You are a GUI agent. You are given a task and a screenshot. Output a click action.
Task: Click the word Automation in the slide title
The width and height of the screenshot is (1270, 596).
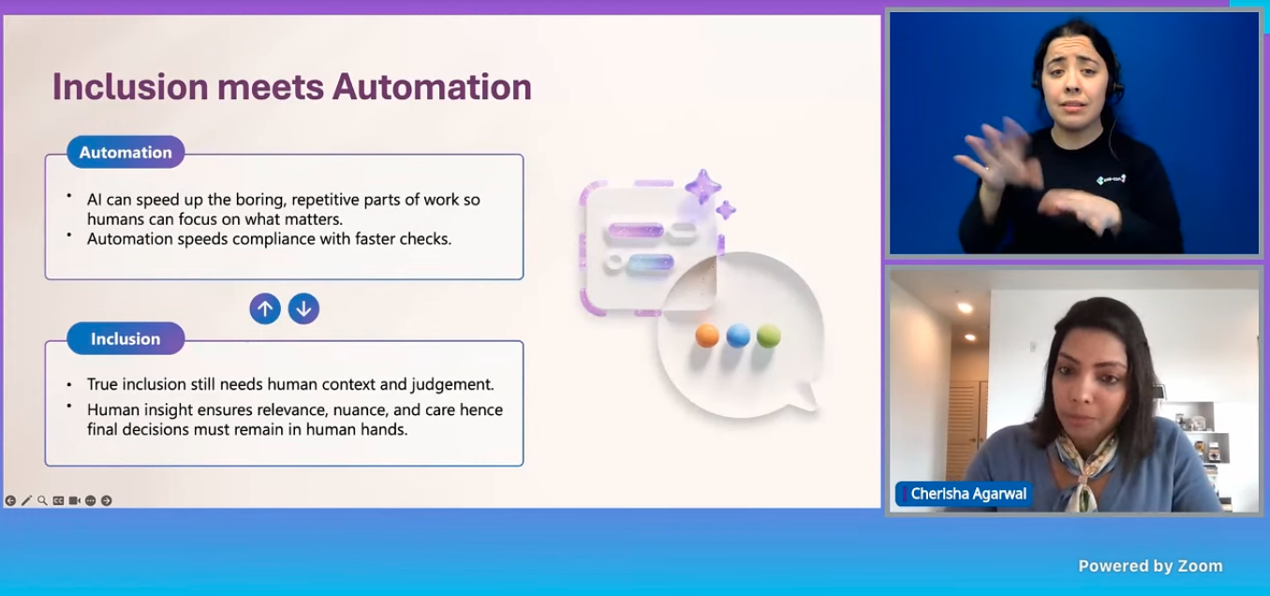click(x=432, y=87)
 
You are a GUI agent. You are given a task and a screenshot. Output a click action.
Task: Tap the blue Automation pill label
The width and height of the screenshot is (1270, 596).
click(x=126, y=152)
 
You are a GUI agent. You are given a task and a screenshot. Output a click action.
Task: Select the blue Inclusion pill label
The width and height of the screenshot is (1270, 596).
click(x=126, y=338)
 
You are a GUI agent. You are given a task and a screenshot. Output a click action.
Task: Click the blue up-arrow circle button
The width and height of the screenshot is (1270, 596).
click(x=265, y=308)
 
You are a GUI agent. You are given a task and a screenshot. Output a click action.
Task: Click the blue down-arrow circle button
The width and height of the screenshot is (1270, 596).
click(x=303, y=308)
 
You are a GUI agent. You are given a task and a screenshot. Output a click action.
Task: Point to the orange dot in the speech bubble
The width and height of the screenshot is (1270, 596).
click(x=707, y=335)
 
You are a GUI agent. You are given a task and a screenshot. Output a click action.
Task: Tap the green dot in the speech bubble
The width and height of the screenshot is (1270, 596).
click(x=769, y=335)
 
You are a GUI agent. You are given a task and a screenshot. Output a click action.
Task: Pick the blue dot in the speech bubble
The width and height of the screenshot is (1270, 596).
click(x=738, y=335)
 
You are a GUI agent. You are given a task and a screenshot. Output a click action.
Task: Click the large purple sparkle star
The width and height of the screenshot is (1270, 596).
click(x=703, y=186)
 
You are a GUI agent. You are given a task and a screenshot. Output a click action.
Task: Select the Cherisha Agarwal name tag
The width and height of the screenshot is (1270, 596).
click(x=964, y=494)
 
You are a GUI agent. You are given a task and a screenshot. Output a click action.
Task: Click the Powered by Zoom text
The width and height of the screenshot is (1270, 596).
click(x=1150, y=566)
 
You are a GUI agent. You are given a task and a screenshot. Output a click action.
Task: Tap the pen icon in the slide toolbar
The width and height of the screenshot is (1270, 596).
click(x=26, y=500)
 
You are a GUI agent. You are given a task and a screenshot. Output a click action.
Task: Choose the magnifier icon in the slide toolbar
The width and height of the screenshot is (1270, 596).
click(x=42, y=500)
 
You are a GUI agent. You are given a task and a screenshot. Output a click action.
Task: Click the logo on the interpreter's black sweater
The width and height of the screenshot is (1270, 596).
click(x=1111, y=180)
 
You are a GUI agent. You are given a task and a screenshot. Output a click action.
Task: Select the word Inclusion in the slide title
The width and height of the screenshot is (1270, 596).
click(x=130, y=87)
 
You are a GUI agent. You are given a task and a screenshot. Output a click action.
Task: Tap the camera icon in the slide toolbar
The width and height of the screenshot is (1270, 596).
click(x=74, y=500)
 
